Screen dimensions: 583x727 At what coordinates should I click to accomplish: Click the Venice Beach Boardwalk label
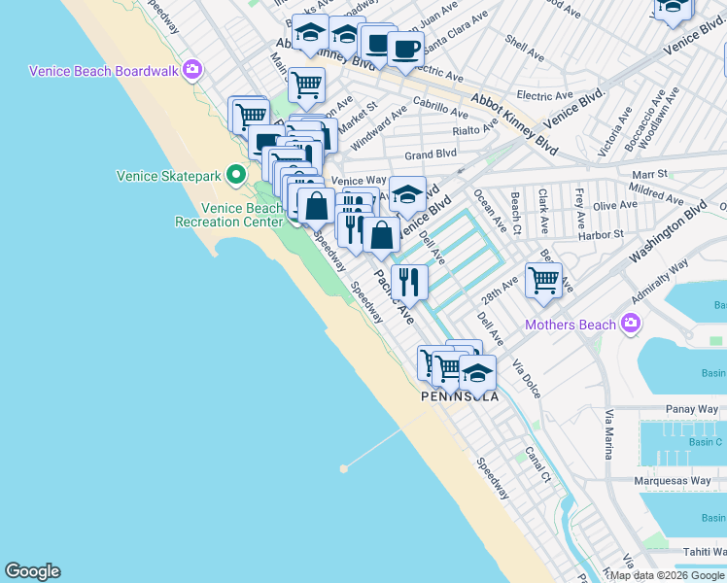(105, 71)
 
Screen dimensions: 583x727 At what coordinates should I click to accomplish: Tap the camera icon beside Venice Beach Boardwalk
(192, 70)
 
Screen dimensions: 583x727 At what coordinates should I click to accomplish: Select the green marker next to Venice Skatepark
(235, 176)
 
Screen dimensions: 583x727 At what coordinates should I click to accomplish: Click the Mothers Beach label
(571, 325)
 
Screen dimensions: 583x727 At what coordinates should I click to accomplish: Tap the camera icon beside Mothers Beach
(632, 324)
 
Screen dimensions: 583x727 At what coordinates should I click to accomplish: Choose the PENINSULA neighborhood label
(460, 396)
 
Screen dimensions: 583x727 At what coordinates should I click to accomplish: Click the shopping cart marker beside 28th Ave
(544, 281)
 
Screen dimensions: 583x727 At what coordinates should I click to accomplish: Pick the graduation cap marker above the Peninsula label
(477, 372)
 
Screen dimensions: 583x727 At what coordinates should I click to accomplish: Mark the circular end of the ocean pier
(343, 468)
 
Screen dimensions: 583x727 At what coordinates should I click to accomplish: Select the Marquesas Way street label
(675, 481)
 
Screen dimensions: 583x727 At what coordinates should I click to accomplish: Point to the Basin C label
(705, 442)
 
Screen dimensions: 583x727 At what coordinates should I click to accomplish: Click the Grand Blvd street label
(431, 154)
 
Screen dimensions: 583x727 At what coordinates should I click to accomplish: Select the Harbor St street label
(599, 234)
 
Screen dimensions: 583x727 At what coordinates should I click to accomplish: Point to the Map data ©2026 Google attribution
(668, 576)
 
